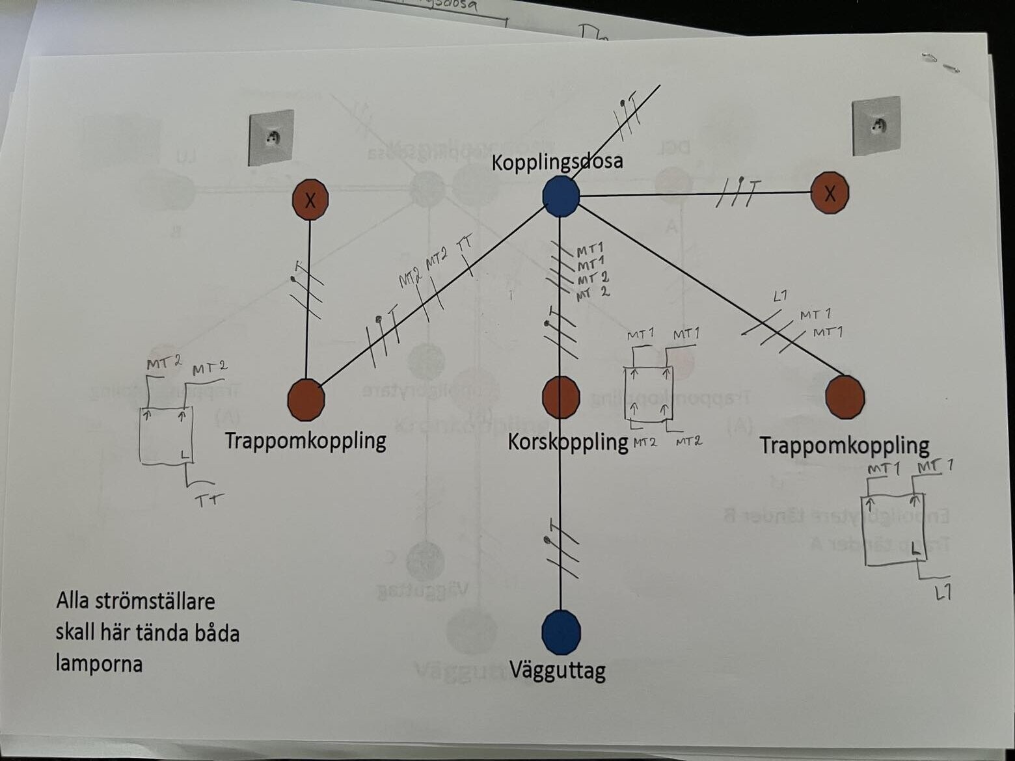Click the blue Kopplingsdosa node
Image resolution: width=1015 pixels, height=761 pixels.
561,196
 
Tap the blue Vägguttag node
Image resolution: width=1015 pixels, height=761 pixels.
561,632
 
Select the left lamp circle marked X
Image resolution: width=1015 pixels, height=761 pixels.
310,200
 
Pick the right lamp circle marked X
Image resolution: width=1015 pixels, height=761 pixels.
830,193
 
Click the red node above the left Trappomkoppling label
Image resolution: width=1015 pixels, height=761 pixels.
306,399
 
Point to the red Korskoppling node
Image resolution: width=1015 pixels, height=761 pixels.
561,397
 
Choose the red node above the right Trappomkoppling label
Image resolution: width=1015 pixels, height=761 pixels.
845,396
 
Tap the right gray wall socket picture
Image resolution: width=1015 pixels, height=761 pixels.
876,126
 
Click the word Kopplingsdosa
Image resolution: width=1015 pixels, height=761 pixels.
557,161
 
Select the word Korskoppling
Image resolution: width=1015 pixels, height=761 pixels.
567,442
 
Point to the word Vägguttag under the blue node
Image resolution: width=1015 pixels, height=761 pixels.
557,669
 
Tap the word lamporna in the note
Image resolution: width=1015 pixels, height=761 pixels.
99,663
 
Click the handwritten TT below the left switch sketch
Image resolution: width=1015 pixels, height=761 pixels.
209,500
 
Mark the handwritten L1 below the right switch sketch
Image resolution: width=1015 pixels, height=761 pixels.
943,592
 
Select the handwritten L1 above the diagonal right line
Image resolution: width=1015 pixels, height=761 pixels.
780,297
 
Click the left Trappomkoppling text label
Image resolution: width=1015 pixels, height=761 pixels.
305,440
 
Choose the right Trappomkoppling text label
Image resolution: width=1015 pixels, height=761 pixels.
844,446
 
